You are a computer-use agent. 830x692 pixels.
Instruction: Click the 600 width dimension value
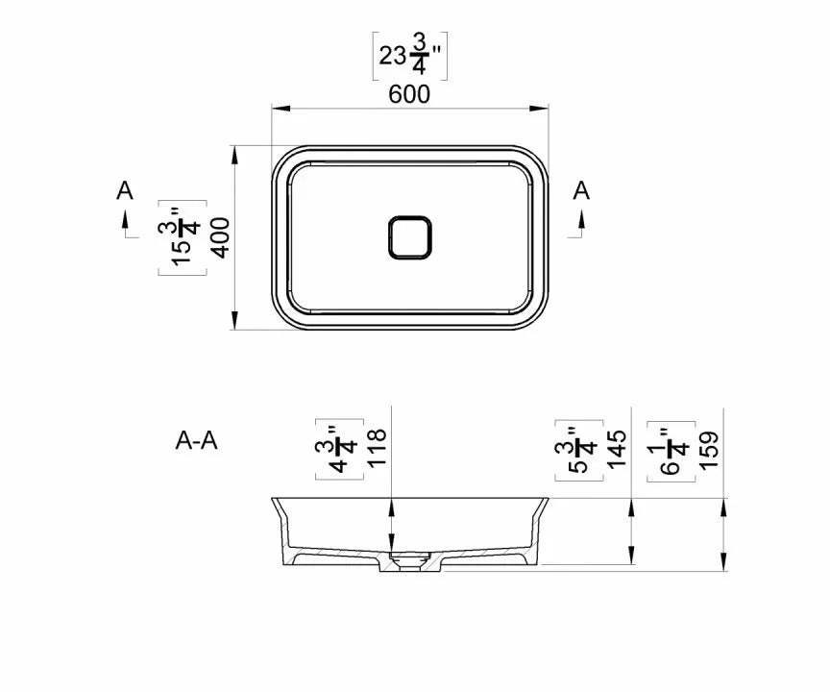pos(409,94)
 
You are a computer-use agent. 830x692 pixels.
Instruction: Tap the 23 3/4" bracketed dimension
pos(410,55)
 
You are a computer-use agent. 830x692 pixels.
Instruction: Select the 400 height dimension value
pos(221,237)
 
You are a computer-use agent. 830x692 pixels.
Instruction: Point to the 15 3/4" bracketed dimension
pos(183,237)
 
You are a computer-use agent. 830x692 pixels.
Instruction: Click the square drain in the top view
pos(409,237)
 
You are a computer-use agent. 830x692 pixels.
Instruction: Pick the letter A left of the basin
pos(124,190)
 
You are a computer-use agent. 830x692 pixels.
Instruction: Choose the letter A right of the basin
pos(581,190)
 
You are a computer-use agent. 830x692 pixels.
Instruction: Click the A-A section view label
pos(196,440)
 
